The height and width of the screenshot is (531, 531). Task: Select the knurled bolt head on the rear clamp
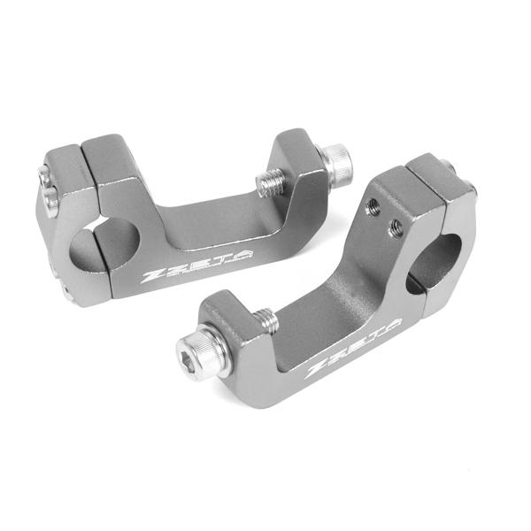(x=336, y=164)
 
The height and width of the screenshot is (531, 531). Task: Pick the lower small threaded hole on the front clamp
(x=396, y=227)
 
